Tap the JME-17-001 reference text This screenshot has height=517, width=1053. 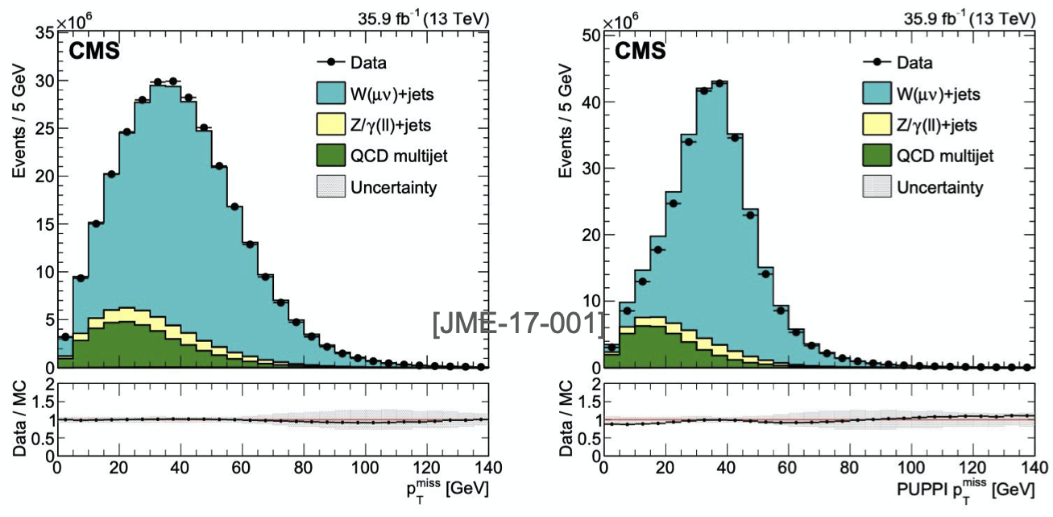[519, 324]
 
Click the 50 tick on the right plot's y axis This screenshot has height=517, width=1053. [591, 35]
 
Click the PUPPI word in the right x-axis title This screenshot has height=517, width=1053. [914, 488]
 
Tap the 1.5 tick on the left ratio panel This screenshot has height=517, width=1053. [45, 402]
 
